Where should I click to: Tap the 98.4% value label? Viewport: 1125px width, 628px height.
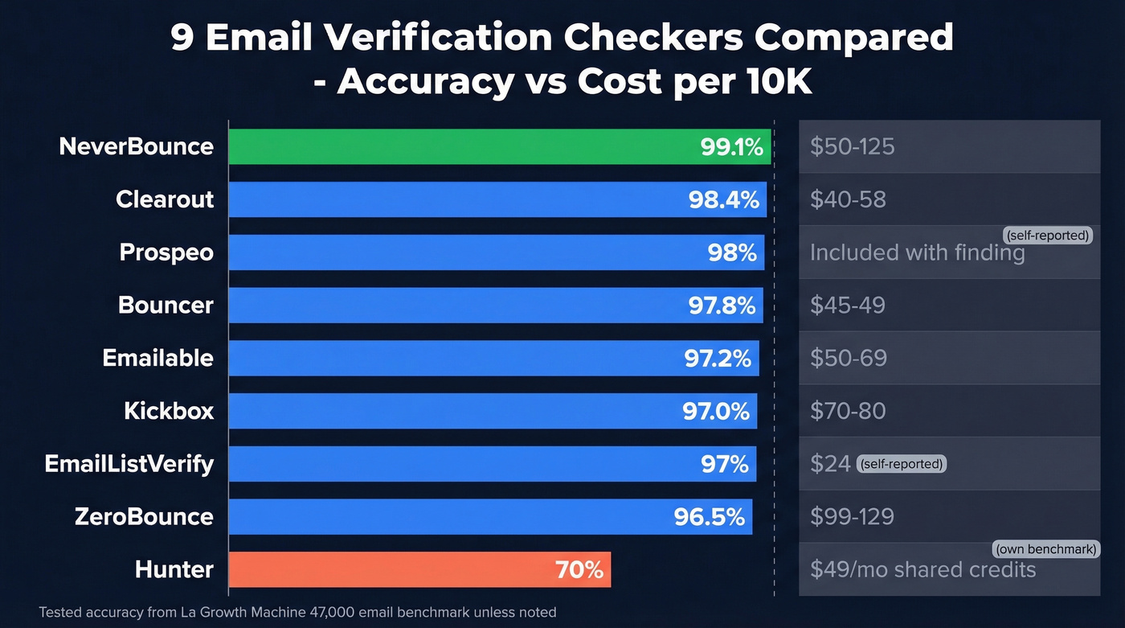pyautogui.click(x=723, y=199)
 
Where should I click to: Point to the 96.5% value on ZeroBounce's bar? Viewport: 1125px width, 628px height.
pyautogui.click(x=709, y=516)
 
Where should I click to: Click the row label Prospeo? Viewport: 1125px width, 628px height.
pyautogui.click(x=166, y=252)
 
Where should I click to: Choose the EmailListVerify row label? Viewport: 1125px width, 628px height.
pyautogui.click(x=129, y=464)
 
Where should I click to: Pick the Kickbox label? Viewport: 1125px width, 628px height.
pyautogui.click(x=169, y=411)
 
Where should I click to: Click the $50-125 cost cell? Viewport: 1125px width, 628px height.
pyautogui.click(x=852, y=146)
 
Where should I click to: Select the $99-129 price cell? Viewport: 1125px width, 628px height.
pyautogui.click(x=852, y=516)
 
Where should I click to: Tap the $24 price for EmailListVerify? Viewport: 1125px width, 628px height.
pyautogui.click(x=830, y=464)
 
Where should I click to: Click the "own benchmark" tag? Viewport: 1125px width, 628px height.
pyautogui.click(x=1045, y=550)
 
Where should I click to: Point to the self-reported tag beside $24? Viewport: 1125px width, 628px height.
pyautogui.click(x=902, y=464)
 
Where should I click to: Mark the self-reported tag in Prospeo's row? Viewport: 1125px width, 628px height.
pyautogui.click(x=1047, y=236)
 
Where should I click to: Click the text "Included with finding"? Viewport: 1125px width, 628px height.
pyautogui.click(x=917, y=252)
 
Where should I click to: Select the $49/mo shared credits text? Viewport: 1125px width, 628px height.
pyautogui.click(x=922, y=570)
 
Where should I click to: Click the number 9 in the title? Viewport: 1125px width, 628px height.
pyautogui.click(x=182, y=39)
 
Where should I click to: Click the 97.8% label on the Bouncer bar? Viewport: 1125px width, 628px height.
pyautogui.click(x=722, y=306)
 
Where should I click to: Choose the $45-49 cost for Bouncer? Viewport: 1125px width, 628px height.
pyautogui.click(x=847, y=306)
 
